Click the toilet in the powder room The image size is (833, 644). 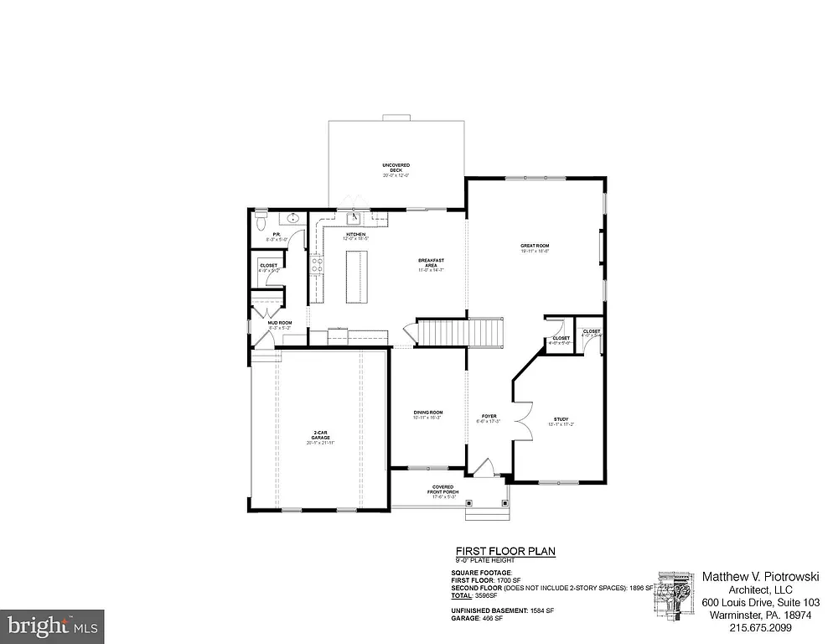[x=260, y=223]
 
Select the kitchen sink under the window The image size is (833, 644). [x=354, y=219]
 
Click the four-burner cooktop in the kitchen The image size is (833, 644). [x=318, y=264]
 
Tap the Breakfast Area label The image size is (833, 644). [x=430, y=264]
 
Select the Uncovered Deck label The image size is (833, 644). [x=396, y=169]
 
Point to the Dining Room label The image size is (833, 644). [x=427, y=414]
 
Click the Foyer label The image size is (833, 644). [x=489, y=418]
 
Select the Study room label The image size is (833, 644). [x=561, y=422]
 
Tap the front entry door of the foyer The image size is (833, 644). [x=484, y=468]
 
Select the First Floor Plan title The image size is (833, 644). [x=504, y=551]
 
